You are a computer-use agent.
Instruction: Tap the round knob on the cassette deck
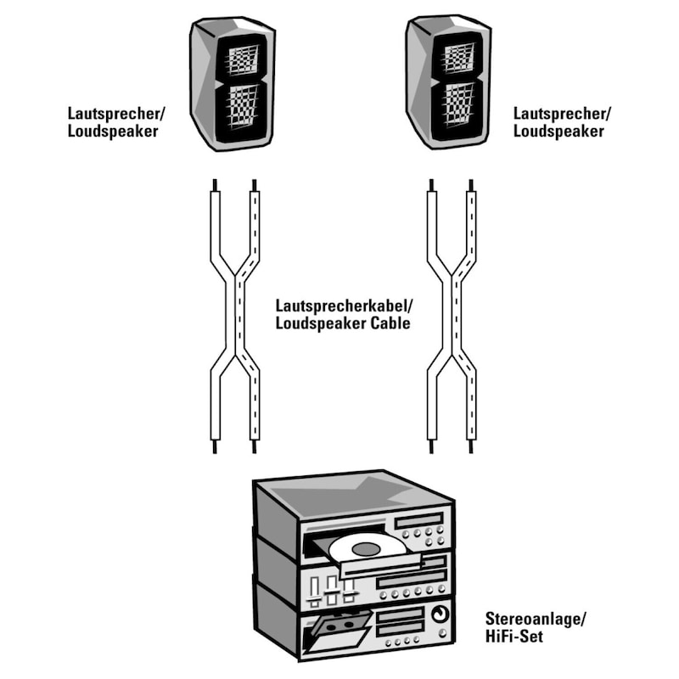click(438, 615)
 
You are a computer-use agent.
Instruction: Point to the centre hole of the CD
click(368, 549)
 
